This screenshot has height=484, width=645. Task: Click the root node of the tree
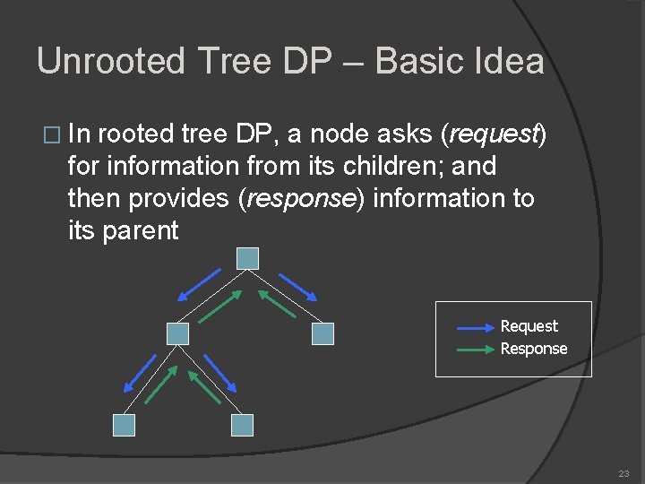click(x=248, y=258)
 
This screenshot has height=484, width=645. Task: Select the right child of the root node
click(x=322, y=333)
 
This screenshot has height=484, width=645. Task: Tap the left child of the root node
click(x=178, y=333)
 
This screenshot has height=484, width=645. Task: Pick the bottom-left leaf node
click(x=124, y=425)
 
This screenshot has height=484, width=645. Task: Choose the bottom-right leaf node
click(x=242, y=425)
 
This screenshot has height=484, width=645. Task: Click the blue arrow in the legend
click(x=469, y=328)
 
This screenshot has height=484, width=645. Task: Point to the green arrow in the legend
click(x=469, y=350)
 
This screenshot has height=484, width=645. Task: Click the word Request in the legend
click(x=529, y=326)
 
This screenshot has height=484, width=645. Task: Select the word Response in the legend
click(x=534, y=349)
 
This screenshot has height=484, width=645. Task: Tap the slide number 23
click(x=623, y=473)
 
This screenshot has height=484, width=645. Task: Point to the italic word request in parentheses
click(x=489, y=134)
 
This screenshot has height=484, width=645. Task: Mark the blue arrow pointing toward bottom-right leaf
click(x=219, y=372)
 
